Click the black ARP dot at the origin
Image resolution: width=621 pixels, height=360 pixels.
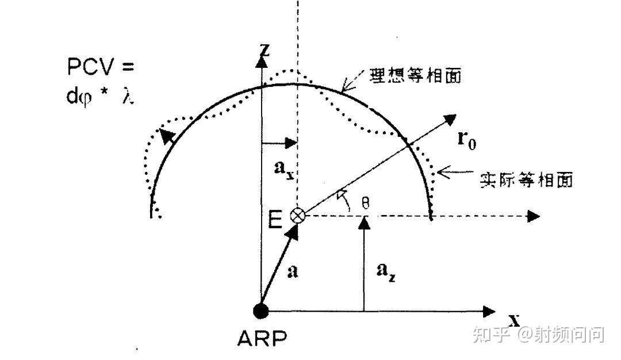tap(261, 311)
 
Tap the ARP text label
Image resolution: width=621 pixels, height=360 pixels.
tap(262, 339)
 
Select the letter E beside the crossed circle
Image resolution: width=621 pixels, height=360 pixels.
tap(277, 219)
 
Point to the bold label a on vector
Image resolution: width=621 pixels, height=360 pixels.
tap(293, 271)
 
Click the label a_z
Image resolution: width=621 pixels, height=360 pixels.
tap(386, 273)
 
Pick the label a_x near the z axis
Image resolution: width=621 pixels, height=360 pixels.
tap(283, 170)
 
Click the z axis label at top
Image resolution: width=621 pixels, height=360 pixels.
tap(264, 49)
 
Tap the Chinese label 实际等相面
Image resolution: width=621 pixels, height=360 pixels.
tap(526, 179)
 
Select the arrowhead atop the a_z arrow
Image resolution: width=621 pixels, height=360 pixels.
tap(363, 222)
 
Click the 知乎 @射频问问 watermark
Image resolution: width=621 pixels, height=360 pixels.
tap(538, 334)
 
